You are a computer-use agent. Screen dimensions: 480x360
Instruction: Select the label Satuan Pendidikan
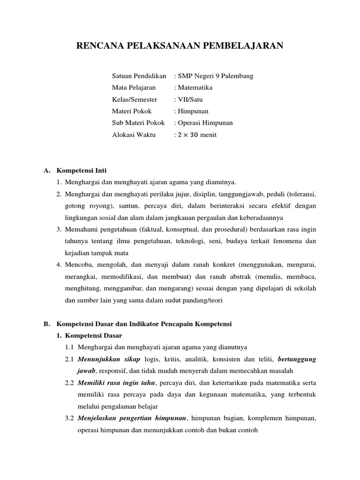(139, 75)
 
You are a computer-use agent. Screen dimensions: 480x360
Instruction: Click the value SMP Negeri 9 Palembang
(216, 75)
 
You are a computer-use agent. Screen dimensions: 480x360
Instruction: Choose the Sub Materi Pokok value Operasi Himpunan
(205, 123)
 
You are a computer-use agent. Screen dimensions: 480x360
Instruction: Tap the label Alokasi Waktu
(134, 135)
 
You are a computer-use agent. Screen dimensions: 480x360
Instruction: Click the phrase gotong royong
(85, 206)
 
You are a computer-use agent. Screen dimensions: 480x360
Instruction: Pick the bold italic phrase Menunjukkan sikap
(102, 359)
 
